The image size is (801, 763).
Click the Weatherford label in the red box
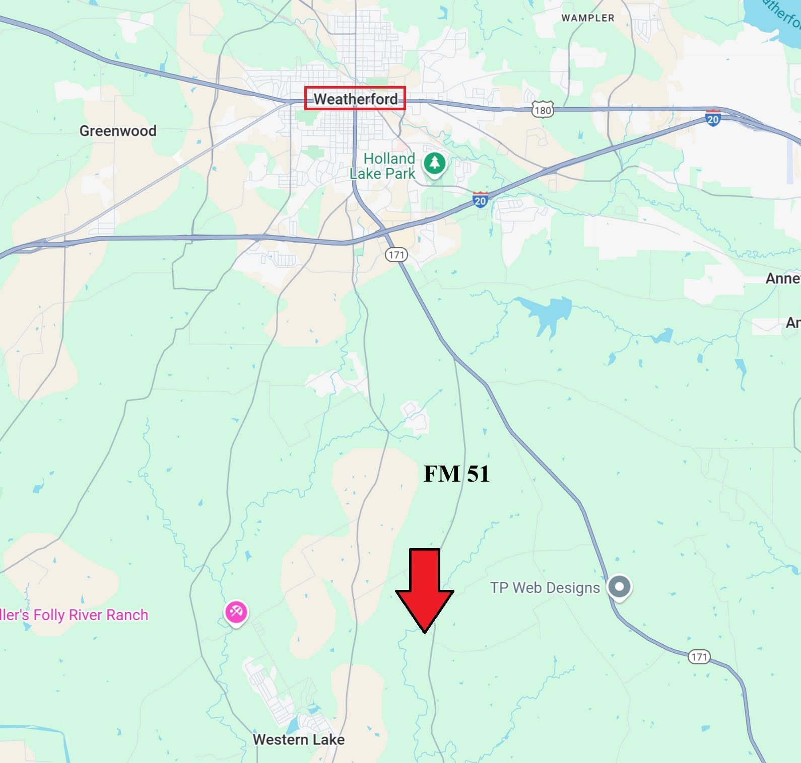[x=355, y=99]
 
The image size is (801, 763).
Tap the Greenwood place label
[x=118, y=131]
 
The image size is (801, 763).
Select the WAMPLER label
[x=588, y=18]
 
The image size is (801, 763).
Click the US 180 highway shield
[x=543, y=110]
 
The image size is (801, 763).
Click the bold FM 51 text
[x=456, y=474]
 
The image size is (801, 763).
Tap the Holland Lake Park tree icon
[x=434, y=164]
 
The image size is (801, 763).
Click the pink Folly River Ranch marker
[x=236, y=612]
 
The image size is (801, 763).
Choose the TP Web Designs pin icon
[x=620, y=587]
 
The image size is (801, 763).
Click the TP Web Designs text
[x=545, y=588]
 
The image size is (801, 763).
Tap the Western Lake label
[x=299, y=739]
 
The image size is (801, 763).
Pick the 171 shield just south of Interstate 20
[x=396, y=255]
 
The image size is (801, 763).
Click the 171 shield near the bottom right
[x=699, y=657]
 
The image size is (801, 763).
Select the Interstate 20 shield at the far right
[x=713, y=118]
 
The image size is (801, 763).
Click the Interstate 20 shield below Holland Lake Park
[x=480, y=200]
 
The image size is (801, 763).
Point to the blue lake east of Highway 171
[x=547, y=312]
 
